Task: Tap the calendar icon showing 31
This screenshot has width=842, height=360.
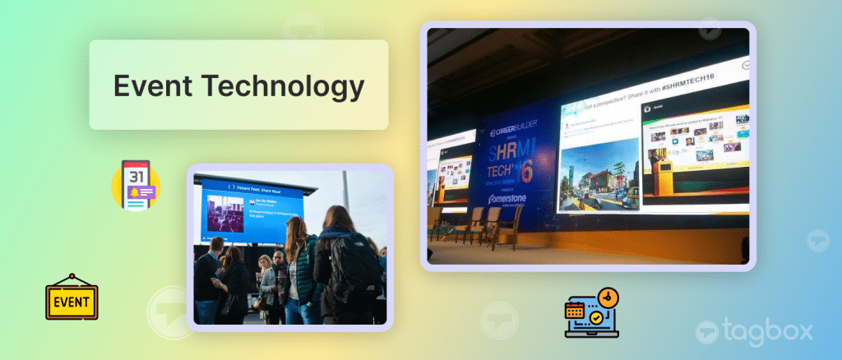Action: coord(136,185)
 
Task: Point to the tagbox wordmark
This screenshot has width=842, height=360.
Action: coord(768,331)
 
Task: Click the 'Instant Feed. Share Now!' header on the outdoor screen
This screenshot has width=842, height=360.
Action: coord(252,187)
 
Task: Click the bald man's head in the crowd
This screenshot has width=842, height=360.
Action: coord(215,245)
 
